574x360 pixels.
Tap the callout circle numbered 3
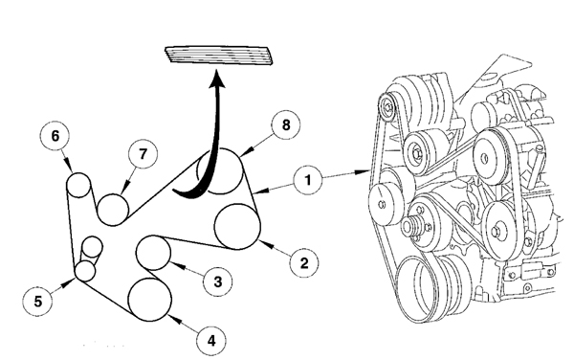[x=218, y=281]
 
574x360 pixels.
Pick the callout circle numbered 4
[x=212, y=338]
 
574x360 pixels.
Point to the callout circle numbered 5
[x=38, y=301]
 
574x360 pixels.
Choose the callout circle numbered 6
[x=55, y=137]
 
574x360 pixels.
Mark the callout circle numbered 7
[x=142, y=154]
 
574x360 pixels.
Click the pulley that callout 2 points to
[x=237, y=227]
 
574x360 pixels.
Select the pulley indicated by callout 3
[x=153, y=254]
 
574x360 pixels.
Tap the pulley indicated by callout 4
[x=148, y=298]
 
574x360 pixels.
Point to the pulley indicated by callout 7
[x=114, y=208]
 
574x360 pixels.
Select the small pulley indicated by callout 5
[x=84, y=271]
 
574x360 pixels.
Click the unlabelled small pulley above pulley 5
[x=92, y=247]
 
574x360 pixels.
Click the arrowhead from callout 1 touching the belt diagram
[x=258, y=191]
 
